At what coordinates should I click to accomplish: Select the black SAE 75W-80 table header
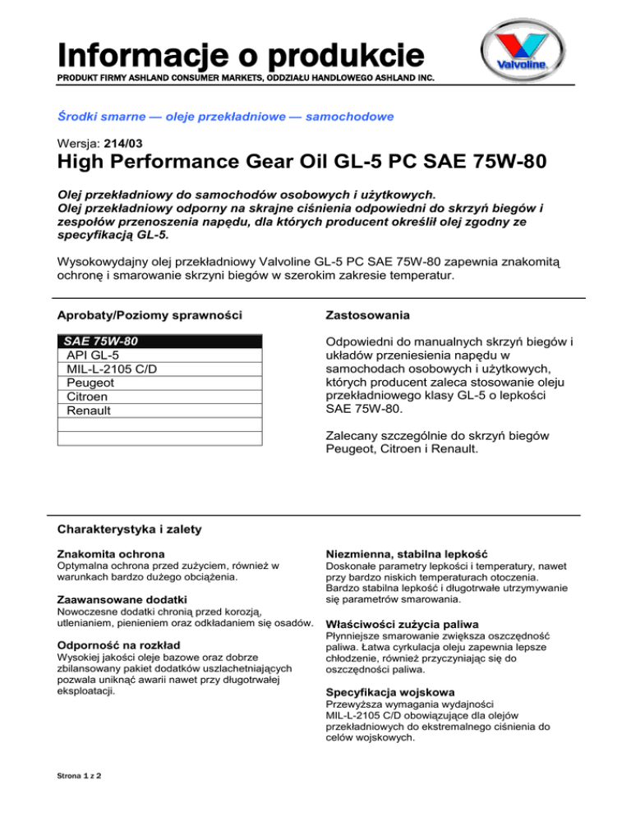[159, 341]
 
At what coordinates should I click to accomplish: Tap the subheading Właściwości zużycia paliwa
[403, 624]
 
